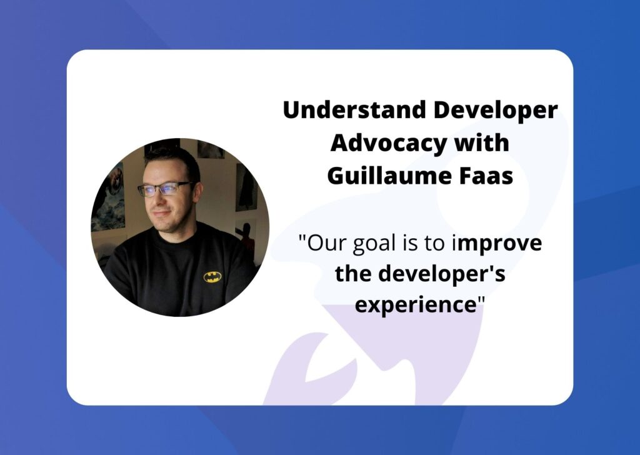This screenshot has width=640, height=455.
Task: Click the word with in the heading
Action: coord(481,142)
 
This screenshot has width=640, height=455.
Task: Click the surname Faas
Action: coord(486,176)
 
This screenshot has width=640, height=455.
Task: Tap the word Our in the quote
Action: coord(322,243)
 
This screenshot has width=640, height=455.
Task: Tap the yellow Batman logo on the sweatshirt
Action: coord(212,276)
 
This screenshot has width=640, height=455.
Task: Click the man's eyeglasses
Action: coord(164,187)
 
